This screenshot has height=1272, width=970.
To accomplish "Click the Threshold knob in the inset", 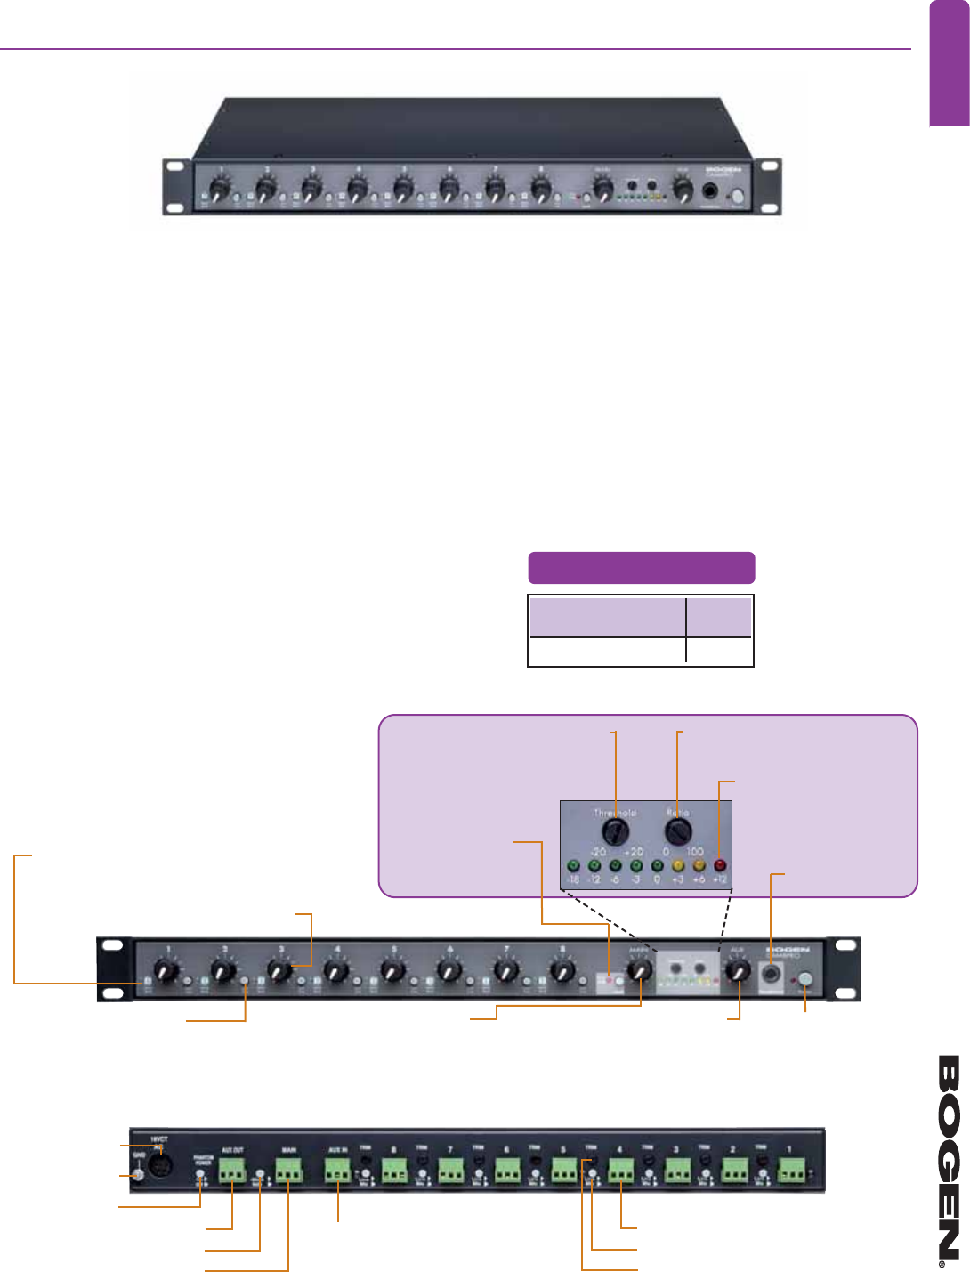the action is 615,832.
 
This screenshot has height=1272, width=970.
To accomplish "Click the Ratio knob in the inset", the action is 678,832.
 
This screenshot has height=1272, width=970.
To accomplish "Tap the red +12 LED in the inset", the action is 720,865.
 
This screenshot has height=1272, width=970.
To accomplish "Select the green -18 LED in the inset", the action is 573,865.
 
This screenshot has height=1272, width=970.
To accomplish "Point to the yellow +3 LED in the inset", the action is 677,865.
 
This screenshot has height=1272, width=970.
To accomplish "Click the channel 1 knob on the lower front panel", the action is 166,970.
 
